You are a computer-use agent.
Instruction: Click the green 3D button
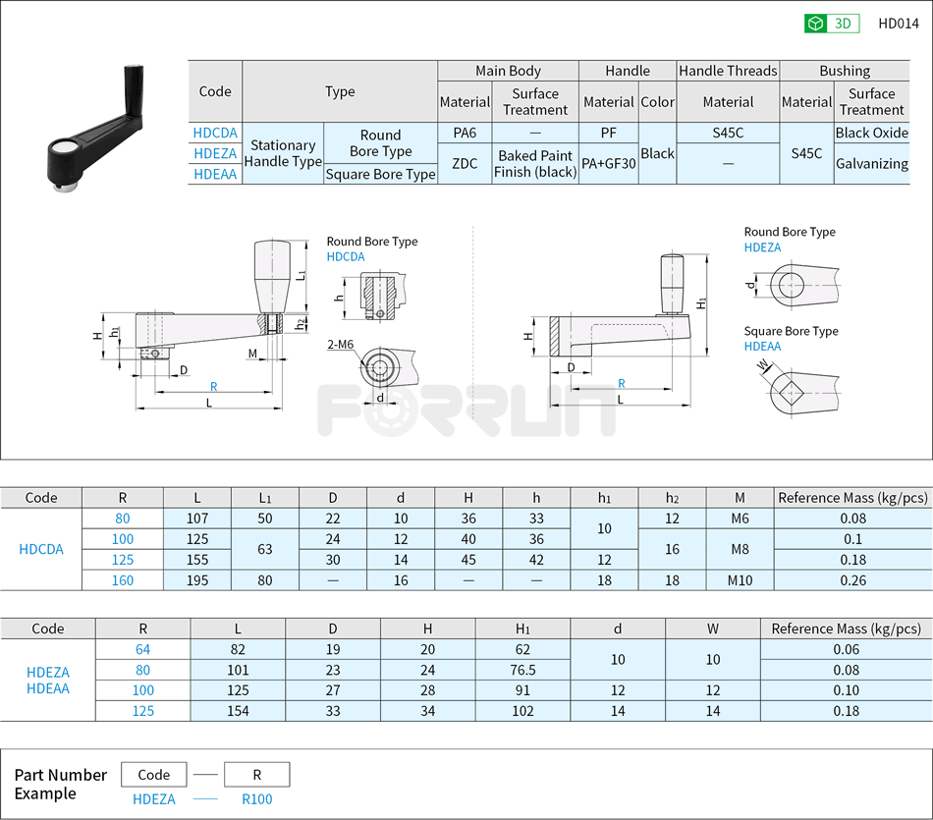[x=832, y=24]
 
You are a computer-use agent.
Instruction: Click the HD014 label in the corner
[x=898, y=24]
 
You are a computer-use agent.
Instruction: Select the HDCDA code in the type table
[x=215, y=133]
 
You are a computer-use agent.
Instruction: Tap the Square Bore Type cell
[x=380, y=174]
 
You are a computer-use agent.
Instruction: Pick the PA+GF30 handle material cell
[x=608, y=164]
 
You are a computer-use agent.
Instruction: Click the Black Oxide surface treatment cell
[x=871, y=133]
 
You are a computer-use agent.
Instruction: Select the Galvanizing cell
[x=871, y=164]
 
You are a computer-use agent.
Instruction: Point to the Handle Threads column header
[x=728, y=71]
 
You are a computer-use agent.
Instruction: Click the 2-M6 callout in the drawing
[x=341, y=344]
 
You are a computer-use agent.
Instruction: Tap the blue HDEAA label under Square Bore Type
[x=762, y=347]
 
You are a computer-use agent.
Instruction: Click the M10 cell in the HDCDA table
[x=740, y=580]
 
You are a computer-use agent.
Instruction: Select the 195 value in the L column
[x=197, y=580]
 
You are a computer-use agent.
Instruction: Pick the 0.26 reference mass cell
[x=851, y=580]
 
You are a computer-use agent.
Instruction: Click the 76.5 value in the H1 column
[x=522, y=670]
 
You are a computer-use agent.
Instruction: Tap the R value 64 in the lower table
[x=143, y=649]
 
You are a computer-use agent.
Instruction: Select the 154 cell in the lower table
[x=238, y=711]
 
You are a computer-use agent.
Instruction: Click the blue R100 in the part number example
[x=256, y=800]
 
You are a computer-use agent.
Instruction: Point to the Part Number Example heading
[x=60, y=784]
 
